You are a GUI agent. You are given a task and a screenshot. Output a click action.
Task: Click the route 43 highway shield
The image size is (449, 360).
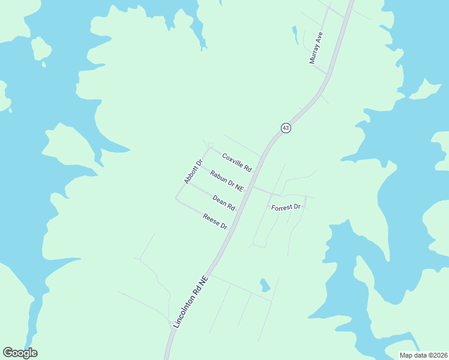pos(286,128)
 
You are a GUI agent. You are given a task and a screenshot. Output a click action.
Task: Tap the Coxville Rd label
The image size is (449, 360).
pos(237,162)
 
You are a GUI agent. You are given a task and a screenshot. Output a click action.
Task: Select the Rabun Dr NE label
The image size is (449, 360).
pos(227,181)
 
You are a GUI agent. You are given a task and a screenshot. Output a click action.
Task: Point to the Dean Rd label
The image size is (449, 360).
pos(223,202)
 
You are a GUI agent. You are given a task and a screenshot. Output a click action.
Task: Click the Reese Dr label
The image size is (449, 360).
pos(215,221)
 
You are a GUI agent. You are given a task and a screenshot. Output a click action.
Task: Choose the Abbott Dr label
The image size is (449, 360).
pos(194,171)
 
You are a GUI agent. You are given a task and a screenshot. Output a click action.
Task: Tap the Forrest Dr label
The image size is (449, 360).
pos(286,207)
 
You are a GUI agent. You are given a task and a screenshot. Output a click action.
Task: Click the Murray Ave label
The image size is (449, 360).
pos(316,48)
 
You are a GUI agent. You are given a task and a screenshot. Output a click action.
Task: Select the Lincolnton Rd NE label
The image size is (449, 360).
pos(193,302)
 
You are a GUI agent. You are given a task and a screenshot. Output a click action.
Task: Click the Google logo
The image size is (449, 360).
pos(20,353)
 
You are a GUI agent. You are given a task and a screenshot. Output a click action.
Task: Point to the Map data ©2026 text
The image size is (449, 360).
pos(423,355)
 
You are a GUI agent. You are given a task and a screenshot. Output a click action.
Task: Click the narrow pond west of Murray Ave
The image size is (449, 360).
pos(295,34)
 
